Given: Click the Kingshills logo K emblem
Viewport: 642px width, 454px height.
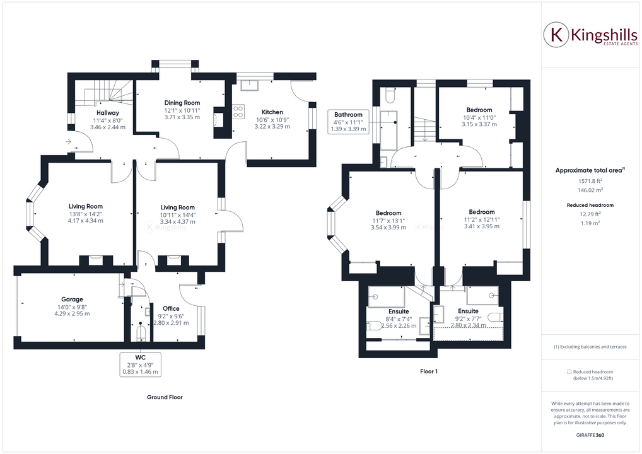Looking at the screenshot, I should coord(557,35).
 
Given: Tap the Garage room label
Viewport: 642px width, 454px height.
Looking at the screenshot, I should coord(72,300).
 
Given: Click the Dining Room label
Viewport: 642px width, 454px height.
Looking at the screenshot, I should coord(182,103).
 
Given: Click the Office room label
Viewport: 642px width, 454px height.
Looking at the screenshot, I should coord(171,308).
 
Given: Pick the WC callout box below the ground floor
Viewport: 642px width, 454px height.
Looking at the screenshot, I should coord(140,364).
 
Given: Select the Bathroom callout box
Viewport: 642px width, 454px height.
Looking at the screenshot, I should coord(348,122).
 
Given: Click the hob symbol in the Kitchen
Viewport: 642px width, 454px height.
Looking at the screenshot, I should coord(238,112).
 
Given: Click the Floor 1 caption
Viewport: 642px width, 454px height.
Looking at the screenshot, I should coord(429,371).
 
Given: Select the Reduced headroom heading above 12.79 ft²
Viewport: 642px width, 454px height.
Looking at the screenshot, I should coord(590,205).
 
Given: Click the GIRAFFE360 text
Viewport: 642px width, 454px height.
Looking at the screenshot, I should coord(590,436).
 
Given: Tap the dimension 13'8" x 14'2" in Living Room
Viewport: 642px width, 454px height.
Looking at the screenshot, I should coord(86,214).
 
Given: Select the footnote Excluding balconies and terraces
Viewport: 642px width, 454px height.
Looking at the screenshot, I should coord(590,347).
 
